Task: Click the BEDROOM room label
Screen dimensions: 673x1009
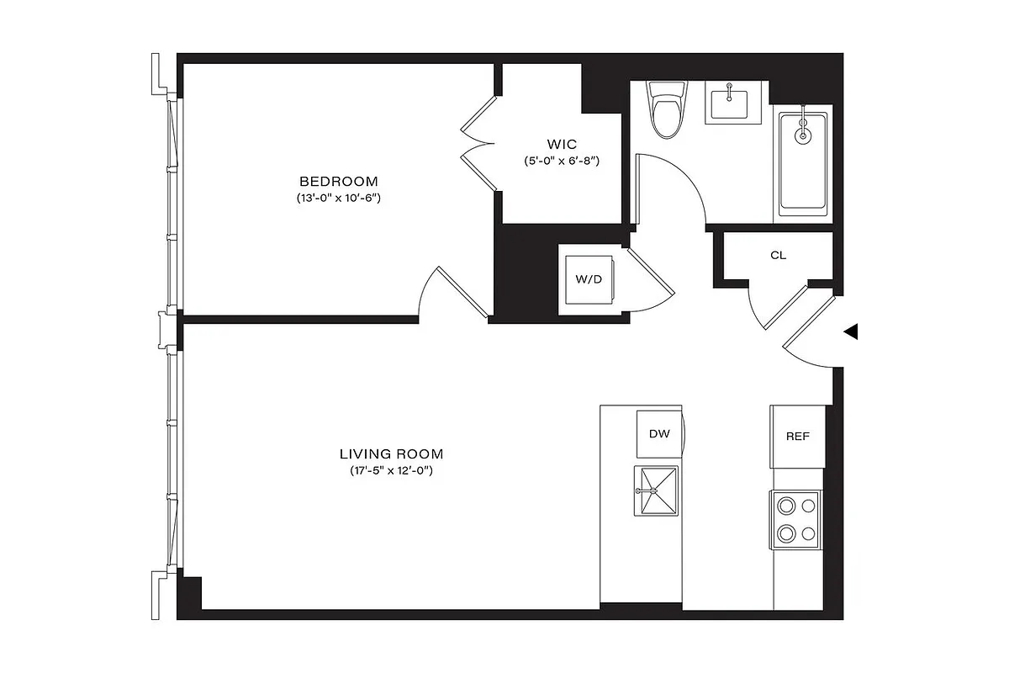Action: [338, 181]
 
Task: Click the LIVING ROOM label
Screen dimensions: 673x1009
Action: [391, 453]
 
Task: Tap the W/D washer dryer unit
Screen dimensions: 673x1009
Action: [589, 279]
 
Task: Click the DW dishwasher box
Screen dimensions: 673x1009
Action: [659, 434]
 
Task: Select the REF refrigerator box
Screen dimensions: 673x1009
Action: [797, 437]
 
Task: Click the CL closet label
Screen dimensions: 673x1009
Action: [778, 255]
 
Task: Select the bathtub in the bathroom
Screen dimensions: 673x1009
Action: [803, 162]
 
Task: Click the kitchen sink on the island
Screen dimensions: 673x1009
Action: [656, 490]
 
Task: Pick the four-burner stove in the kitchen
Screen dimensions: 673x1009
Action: [796, 519]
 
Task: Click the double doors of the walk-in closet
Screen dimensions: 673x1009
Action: [477, 142]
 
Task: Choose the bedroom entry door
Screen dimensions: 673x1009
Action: [454, 294]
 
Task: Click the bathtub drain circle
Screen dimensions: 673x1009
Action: [803, 134]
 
